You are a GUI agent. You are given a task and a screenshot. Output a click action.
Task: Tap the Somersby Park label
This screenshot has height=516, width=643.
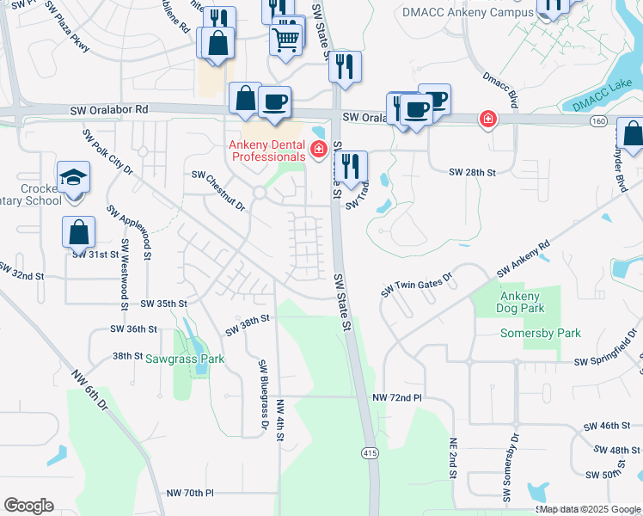[541, 334]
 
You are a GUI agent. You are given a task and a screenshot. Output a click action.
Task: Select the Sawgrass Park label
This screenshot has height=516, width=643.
[184, 359]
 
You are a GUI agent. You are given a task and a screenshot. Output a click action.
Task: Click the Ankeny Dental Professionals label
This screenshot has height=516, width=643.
[266, 150]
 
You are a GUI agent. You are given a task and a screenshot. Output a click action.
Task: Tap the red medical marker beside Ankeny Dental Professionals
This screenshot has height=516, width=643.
[319, 150]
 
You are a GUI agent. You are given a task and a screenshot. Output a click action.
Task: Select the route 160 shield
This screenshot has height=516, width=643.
[598, 122]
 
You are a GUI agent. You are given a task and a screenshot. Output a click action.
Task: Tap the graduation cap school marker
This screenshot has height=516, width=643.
[74, 178]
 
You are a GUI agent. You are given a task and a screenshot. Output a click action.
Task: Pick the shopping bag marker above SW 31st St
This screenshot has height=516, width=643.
[78, 232]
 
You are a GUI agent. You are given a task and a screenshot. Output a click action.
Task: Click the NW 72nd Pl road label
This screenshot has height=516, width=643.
[398, 398]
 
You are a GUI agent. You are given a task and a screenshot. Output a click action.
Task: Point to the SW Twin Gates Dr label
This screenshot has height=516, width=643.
[416, 282]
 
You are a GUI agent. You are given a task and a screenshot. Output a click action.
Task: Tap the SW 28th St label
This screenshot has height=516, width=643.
[473, 173]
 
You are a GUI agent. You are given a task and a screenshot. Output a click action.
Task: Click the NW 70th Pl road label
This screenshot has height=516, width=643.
[190, 493]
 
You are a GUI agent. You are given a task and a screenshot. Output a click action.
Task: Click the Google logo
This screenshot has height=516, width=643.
[28, 505]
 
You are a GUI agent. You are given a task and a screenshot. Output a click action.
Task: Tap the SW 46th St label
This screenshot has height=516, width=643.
[607, 427]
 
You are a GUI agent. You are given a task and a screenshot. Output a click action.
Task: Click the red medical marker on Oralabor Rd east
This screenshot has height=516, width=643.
[487, 119]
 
